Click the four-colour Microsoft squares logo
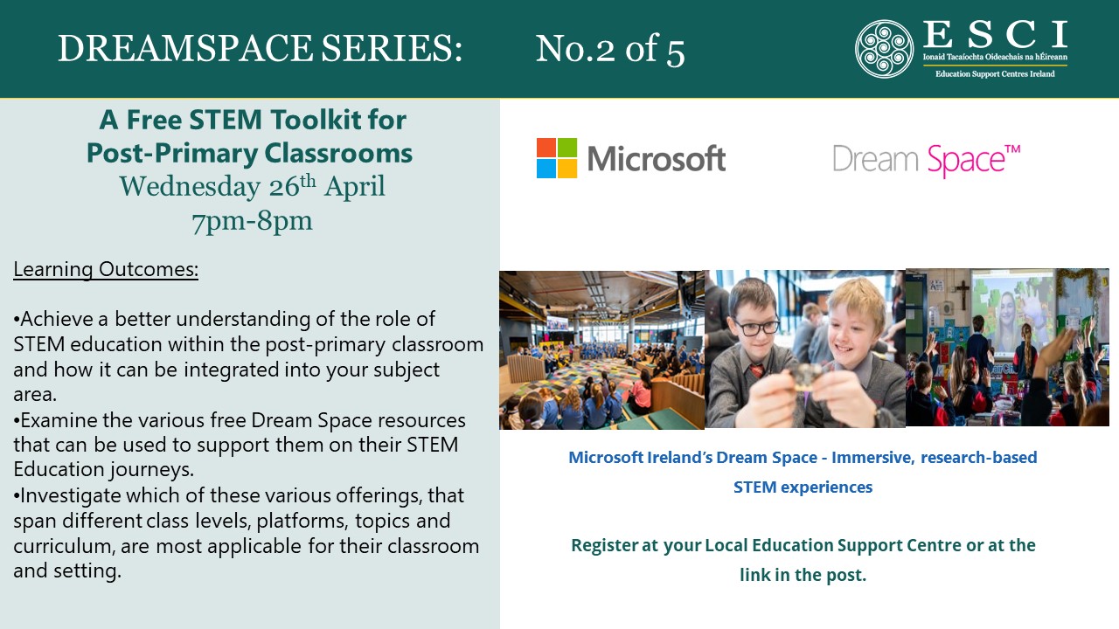click(557, 158)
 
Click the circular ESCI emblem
click(884, 49)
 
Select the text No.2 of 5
click(610, 49)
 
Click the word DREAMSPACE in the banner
click(185, 48)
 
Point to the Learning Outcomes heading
click(106, 270)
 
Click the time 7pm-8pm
click(253, 221)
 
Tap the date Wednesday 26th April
click(253, 186)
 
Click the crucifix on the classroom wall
click(963, 294)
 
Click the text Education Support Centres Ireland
click(995, 74)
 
